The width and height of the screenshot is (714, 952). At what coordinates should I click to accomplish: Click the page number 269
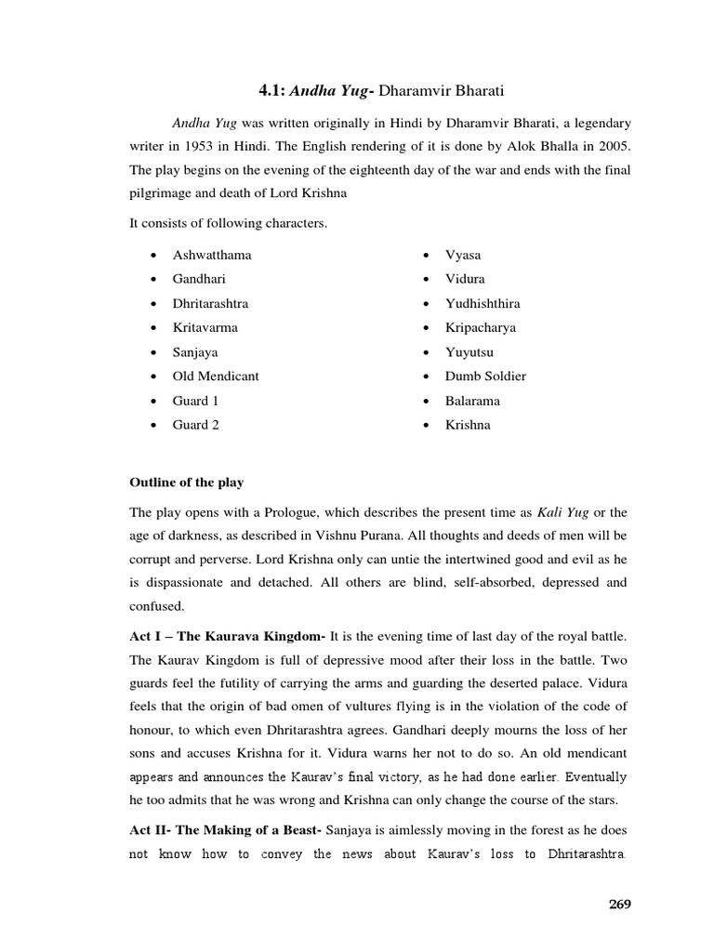(x=615, y=904)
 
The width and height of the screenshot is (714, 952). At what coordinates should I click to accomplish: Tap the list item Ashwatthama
(x=211, y=255)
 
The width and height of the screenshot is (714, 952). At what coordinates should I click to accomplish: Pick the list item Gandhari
(x=199, y=279)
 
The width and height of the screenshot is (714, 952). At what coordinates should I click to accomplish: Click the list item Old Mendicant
(x=216, y=377)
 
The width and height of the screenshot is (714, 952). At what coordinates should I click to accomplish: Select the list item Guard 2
(x=196, y=425)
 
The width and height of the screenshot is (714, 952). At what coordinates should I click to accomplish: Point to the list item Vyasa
(x=463, y=255)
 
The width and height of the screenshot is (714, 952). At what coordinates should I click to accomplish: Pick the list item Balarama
(x=472, y=401)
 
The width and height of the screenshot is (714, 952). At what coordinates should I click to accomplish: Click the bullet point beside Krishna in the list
(x=424, y=426)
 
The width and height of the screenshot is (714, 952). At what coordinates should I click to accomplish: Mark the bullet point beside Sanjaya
(x=151, y=353)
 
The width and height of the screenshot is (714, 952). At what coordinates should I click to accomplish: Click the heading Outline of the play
(x=186, y=483)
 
